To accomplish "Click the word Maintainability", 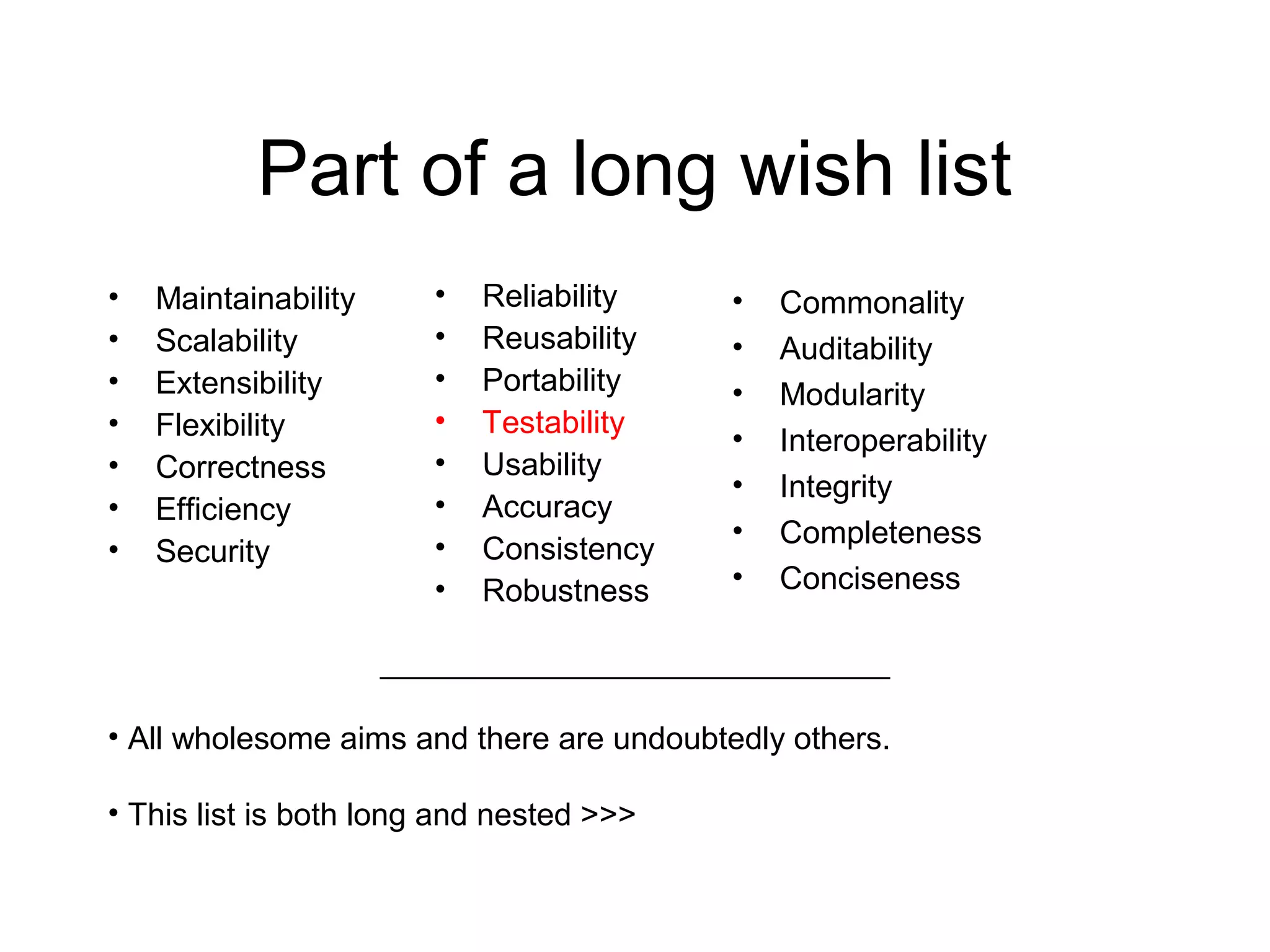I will [x=255, y=299].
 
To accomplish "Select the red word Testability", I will [x=553, y=423].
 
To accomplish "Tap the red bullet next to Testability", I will [x=440, y=421].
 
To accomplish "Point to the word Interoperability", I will [x=883, y=441].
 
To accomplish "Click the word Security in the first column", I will [x=213, y=552].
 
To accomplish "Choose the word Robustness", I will [x=566, y=591].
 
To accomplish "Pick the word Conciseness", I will [x=870, y=578].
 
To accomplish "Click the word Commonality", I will [x=872, y=302].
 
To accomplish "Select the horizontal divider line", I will [x=634, y=678].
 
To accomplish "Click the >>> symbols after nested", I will [x=608, y=814].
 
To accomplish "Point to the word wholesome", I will [x=251, y=739].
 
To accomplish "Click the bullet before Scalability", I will [x=113, y=339].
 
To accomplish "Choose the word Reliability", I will [x=550, y=296].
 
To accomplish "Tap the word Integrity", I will [x=836, y=487].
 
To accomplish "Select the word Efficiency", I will [x=223, y=509].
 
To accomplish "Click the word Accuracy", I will [x=548, y=507].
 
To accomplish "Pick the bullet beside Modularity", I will [x=738, y=393].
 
